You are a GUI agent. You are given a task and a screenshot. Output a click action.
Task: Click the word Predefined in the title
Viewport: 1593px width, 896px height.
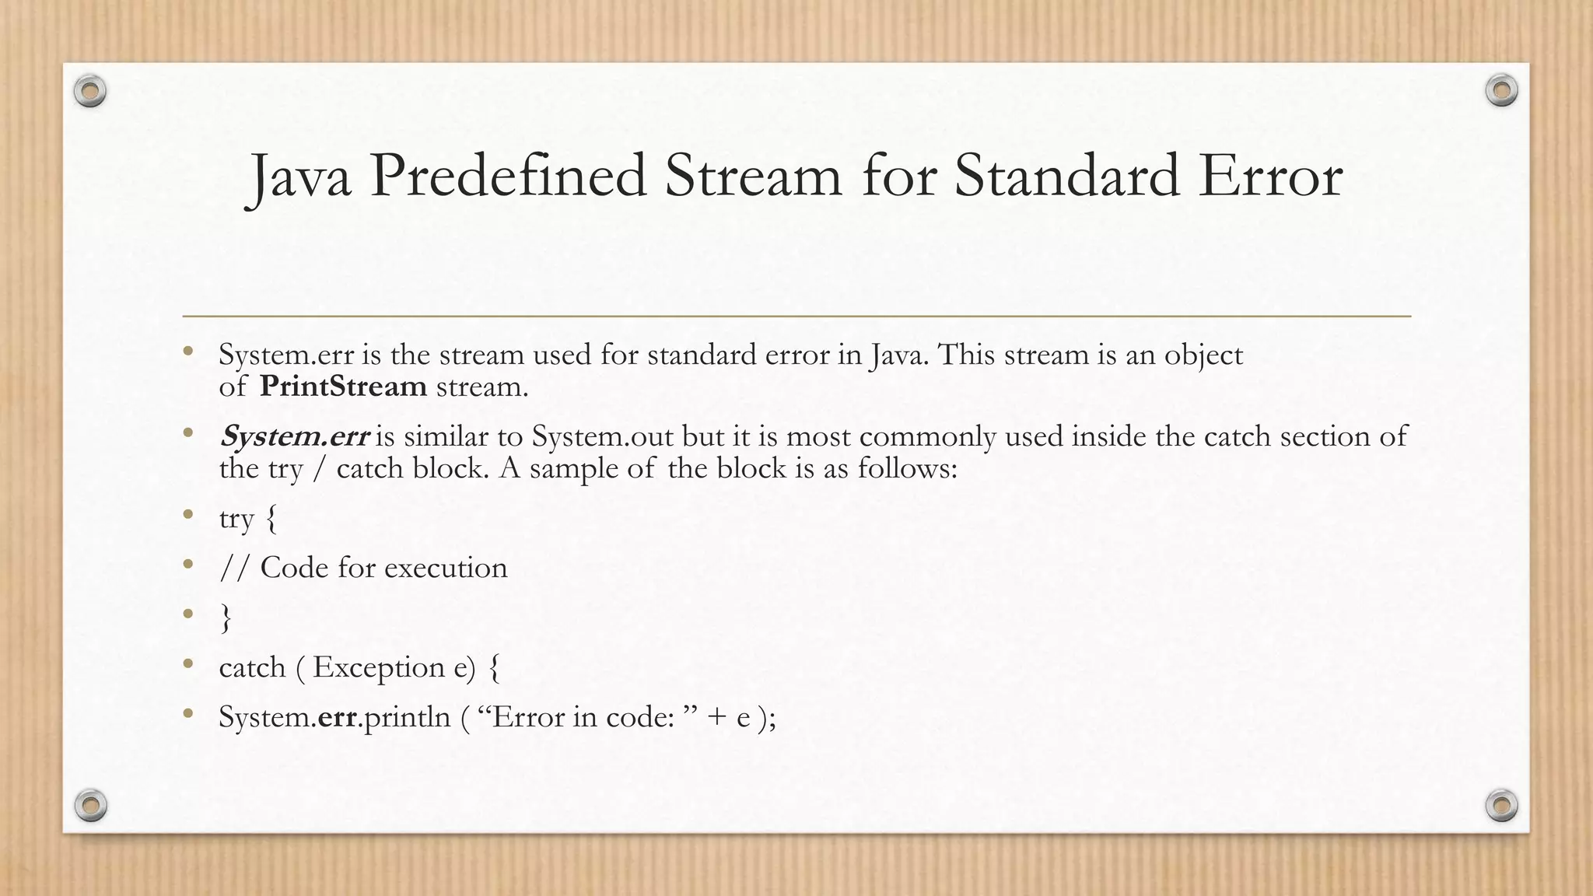click(x=508, y=177)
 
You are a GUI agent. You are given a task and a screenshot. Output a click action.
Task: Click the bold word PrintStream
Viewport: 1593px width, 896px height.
click(x=343, y=386)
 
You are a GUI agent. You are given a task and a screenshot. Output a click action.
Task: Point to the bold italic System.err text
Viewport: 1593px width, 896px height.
click(x=294, y=436)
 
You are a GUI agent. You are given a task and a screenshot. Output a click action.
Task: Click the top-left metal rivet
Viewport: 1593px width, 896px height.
click(x=90, y=92)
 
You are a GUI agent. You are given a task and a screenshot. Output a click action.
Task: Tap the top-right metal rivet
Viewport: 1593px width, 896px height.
click(x=1501, y=91)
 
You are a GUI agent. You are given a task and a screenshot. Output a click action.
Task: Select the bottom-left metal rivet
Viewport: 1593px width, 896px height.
click(x=90, y=805)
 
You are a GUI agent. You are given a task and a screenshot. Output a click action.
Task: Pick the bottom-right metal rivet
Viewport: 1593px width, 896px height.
click(x=1501, y=805)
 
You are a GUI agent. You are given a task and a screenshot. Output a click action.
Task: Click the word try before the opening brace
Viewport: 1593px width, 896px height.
click(x=236, y=519)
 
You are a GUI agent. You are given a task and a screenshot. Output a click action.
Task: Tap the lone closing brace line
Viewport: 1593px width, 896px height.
click(x=226, y=618)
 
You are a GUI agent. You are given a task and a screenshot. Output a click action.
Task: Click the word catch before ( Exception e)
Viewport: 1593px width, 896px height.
click(x=252, y=667)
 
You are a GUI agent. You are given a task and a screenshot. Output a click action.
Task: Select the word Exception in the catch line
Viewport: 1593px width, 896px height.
click(x=379, y=667)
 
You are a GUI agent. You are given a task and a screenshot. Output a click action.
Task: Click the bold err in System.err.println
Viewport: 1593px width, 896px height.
click(x=337, y=716)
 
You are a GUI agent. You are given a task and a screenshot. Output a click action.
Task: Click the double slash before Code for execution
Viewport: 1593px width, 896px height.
click(x=235, y=568)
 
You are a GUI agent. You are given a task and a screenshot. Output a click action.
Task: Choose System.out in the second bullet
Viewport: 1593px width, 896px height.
click(x=603, y=436)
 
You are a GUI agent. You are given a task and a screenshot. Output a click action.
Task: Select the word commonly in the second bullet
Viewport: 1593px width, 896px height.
click(x=927, y=436)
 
